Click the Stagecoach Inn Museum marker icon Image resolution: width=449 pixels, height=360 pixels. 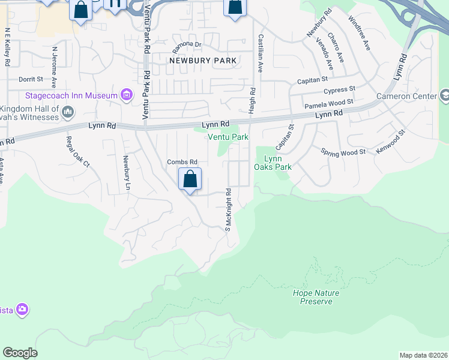pos(127,95)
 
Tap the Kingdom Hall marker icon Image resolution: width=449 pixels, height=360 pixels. pos(67,111)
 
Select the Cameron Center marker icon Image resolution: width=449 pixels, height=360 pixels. pos(445,95)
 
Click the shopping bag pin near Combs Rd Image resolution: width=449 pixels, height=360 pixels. pos(190,179)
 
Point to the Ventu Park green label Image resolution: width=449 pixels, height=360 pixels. pos(228,137)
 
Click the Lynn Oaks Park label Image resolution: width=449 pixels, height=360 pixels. pos(277,163)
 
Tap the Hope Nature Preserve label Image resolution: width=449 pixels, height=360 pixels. pos(316,297)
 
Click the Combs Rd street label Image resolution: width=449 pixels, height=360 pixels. pos(182,162)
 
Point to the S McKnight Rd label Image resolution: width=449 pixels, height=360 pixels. pos(228,209)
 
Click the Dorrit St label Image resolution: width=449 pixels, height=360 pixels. pos(31,79)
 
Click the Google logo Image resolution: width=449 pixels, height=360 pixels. pos(20,353)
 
